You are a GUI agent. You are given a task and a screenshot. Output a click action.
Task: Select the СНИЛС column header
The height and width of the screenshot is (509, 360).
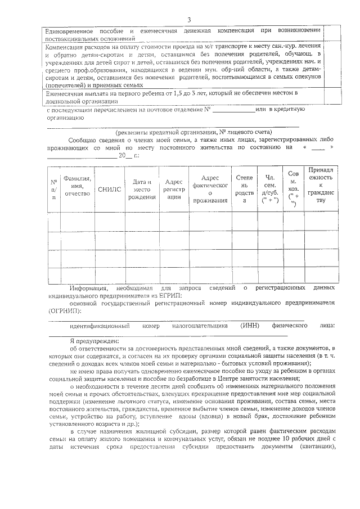[109, 190]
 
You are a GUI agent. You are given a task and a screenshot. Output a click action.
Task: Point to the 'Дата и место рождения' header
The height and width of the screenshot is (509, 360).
[142, 189]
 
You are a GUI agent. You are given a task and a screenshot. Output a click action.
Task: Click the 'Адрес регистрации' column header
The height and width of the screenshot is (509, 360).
[174, 189]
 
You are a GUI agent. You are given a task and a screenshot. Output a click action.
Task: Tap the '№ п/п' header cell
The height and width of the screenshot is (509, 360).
[54, 190]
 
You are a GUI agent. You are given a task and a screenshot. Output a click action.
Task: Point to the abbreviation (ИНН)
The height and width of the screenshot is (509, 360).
[249, 326]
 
